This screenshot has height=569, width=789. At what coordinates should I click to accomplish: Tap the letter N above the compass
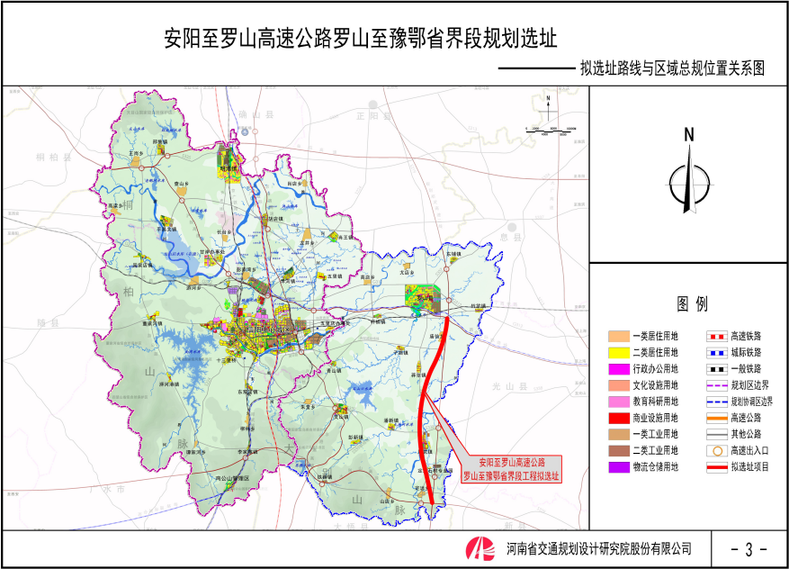(x=688, y=135)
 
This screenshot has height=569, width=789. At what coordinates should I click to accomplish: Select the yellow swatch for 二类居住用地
(x=616, y=352)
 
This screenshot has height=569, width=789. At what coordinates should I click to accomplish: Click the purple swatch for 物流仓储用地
(x=616, y=467)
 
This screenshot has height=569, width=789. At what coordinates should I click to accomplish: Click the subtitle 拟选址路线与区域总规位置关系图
(x=671, y=68)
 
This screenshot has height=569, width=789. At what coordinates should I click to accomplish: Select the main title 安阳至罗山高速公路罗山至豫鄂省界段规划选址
(x=361, y=40)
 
